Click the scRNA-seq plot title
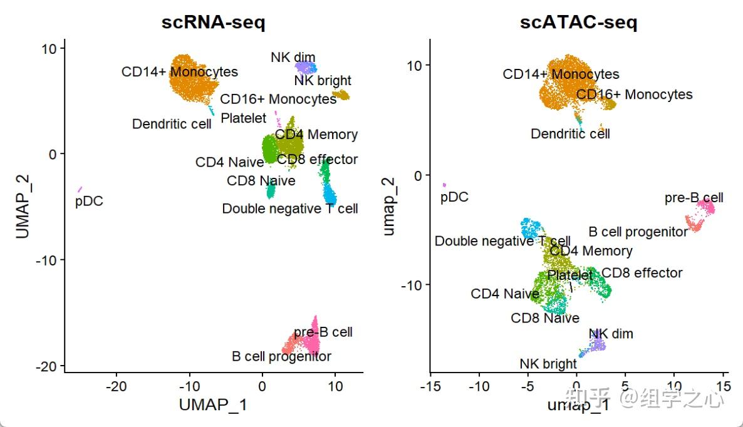click(213, 23)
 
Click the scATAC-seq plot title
click(578, 23)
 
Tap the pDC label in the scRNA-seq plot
click(89, 202)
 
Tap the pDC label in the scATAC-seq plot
click(454, 197)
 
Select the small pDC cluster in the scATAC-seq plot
click(444, 185)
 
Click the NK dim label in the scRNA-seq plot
click(293, 58)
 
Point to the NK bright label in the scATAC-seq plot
click(548, 364)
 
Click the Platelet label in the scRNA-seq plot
click(244, 118)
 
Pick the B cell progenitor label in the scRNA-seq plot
click(281, 356)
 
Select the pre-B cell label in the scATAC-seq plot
click(694, 198)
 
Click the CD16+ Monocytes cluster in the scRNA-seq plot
click(341, 95)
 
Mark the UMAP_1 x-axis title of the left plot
click(213, 404)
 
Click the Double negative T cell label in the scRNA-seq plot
click(290, 208)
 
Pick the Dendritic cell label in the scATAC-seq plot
click(570, 133)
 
